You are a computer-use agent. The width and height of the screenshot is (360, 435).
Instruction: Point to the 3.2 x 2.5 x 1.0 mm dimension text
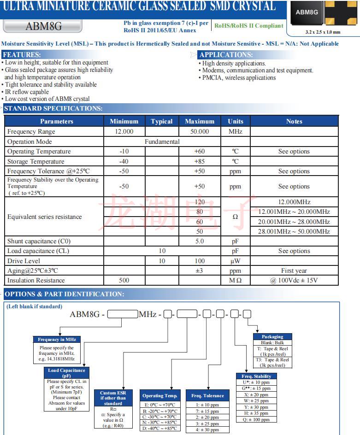[x=323, y=32]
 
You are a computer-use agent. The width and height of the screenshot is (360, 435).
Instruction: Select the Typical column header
[x=162, y=121]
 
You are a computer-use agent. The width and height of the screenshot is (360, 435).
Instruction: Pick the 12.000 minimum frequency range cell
[x=124, y=131]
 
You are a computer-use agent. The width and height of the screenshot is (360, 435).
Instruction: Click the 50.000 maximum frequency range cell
[x=199, y=131]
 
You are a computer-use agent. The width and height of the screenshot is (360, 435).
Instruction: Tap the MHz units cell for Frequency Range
[x=235, y=131]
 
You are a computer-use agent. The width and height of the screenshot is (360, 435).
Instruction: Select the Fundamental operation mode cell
[x=162, y=141]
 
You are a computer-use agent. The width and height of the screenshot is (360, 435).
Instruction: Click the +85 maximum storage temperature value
[x=199, y=161]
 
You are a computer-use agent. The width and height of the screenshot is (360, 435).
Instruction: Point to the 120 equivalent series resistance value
[x=199, y=202]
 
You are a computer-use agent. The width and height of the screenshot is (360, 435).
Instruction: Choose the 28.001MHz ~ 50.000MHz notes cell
[x=294, y=231]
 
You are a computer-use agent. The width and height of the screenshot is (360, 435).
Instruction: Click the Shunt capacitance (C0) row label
[x=39, y=241]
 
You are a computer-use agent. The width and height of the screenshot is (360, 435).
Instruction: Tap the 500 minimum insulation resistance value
[x=124, y=280]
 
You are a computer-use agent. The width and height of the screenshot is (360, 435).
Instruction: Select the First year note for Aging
[x=294, y=270]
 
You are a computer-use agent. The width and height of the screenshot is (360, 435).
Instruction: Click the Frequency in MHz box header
[x=57, y=339]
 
